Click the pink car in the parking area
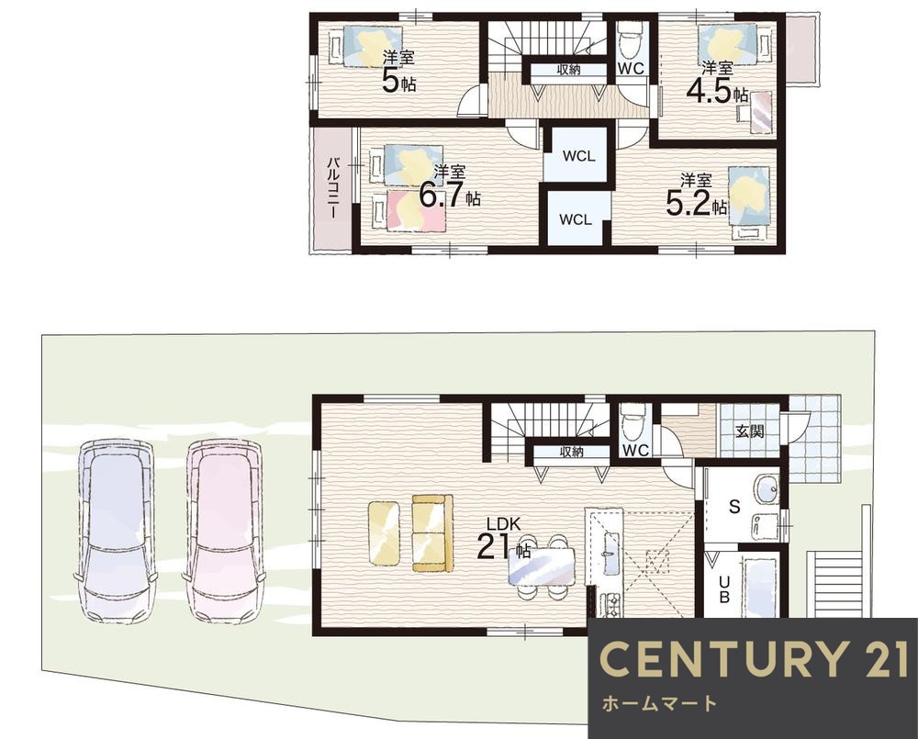coord(224,530)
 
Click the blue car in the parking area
coord(116,530)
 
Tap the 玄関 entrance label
coord(749,431)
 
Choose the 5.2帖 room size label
coord(696,195)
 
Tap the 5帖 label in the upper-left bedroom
coord(398,73)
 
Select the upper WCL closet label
coord(579,156)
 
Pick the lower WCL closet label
coord(576,219)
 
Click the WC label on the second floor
coord(632,69)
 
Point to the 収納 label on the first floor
coord(572,452)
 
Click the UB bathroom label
coord(724,589)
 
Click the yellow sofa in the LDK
coord(432,532)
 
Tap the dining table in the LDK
coord(542,566)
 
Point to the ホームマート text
coord(659,702)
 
